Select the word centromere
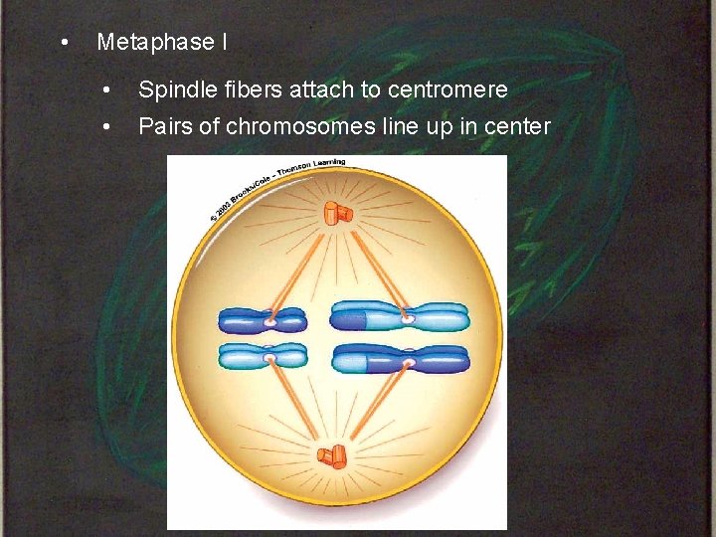tap(447, 89)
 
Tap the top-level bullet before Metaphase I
tap(64, 43)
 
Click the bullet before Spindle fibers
tap(107, 90)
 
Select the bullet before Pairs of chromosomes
tap(107, 127)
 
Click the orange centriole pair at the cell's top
tap(337, 212)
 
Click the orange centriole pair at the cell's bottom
tap(332, 456)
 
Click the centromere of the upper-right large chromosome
tap(408, 319)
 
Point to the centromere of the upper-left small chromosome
tap(270, 322)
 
